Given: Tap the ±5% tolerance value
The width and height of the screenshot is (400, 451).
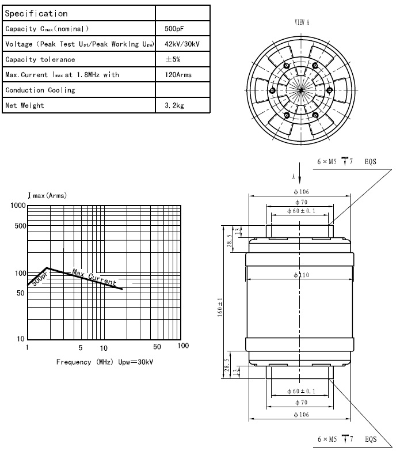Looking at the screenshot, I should point(173,59).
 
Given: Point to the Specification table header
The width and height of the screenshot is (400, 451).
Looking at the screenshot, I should point(36,13).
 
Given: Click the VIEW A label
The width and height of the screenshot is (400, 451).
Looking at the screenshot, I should point(302,22).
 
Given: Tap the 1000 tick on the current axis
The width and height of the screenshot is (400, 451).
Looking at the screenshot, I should point(18,206).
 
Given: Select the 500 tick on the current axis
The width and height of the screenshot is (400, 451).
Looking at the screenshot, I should point(20,226).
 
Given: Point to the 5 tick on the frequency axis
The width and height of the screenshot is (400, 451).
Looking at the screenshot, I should point(81,348).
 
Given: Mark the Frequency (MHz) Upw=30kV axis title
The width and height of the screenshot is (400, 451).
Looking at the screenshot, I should point(105,362).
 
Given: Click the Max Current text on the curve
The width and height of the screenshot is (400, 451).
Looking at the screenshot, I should point(94,278).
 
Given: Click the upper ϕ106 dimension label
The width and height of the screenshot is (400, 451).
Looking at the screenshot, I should point(300,192).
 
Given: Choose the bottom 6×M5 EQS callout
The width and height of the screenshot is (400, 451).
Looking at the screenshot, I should point(346,439).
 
